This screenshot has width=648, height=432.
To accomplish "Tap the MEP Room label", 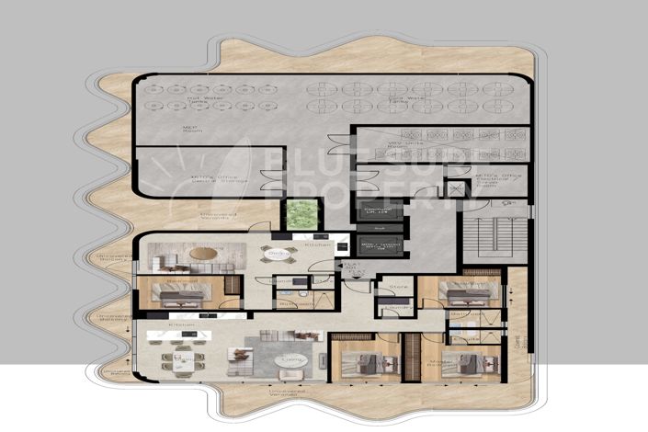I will tap(190, 131).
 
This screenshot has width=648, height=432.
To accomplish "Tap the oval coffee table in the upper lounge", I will tap(205, 253).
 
